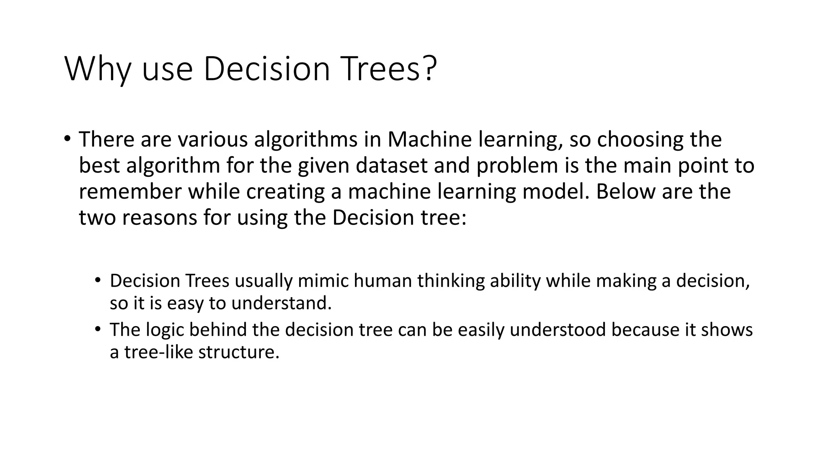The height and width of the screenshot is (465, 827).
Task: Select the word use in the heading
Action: tap(167, 69)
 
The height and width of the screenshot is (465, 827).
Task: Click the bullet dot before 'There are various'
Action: tap(67, 138)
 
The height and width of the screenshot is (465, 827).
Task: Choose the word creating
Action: tap(285, 192)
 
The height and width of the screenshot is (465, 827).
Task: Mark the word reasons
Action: tap(160, 218)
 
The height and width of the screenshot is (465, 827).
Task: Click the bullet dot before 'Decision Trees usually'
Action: tap(97, 280)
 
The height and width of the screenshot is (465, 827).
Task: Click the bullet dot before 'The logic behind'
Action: tap(97, 329)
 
